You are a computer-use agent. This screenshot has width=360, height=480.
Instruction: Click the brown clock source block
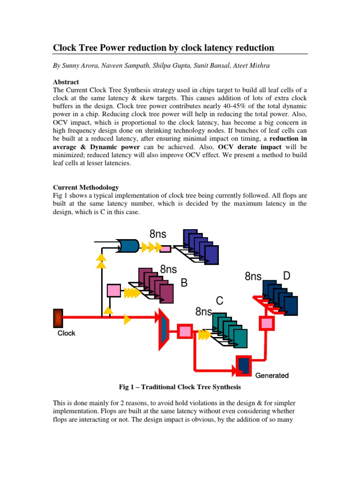coord(58,318)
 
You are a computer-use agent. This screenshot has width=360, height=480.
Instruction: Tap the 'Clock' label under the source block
coord(66,333)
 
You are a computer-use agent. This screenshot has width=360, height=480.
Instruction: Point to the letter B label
coord(184,283)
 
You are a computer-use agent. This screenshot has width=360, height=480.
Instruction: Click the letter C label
coord(219,300)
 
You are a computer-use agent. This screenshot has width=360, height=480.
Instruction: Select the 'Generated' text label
coord(272,375)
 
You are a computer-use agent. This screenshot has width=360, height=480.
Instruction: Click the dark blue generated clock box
coord(244,366)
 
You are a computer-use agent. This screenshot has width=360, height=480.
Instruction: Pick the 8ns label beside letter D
coord(253,277)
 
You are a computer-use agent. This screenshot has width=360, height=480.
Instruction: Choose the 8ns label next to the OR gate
coord(158,233)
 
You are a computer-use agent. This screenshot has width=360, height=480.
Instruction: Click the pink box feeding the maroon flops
coord(114,291)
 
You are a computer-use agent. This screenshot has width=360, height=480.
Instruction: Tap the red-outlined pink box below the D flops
coord(267,322)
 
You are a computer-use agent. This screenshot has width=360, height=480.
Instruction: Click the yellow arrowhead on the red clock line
coord(127,320)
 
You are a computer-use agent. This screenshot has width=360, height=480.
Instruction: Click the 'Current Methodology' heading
coord(85,187)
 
